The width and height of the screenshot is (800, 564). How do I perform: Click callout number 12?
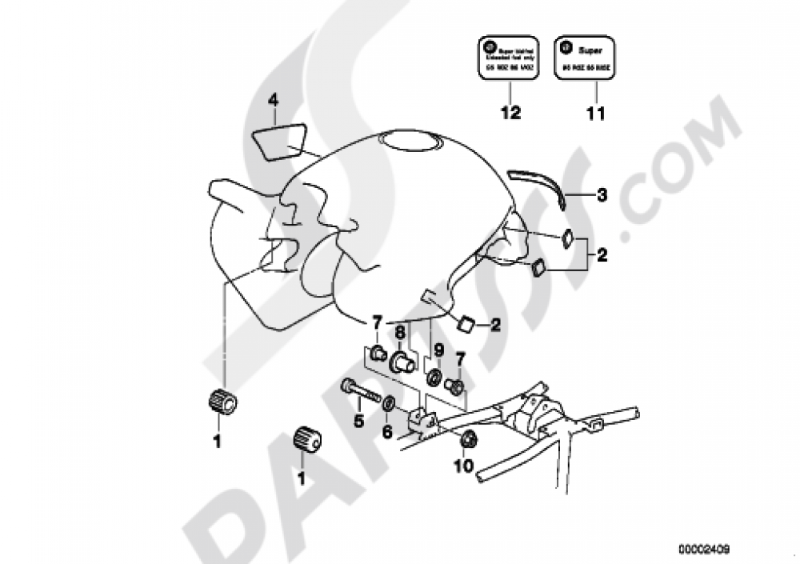click(510, 114)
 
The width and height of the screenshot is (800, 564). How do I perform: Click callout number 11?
click(594, 114)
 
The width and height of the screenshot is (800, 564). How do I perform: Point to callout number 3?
click(602, 194)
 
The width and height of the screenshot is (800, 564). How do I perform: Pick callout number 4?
click(273, 100)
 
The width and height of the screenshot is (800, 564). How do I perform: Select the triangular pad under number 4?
click(281, 139)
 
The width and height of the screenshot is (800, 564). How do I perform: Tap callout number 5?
click(358, 418)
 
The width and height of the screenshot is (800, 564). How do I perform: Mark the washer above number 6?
click(388, 402)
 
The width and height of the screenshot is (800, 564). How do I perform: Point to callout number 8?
click(400, 330)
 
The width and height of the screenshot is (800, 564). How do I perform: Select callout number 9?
click(438, 349)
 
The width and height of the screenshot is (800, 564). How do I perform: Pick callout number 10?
click(465, 465)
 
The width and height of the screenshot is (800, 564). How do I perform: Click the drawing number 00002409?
click(704, 550)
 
